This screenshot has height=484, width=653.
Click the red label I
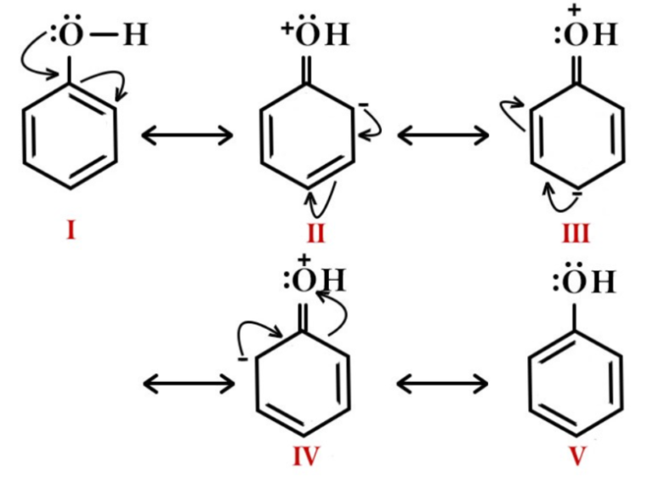point(70,229)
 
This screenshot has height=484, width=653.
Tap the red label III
point(575,232)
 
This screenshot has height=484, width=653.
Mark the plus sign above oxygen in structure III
point(574,9)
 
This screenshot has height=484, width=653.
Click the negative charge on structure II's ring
point(362,105)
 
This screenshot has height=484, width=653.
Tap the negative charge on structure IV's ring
point(242,358)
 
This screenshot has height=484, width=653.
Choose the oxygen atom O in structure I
point(71,36)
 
